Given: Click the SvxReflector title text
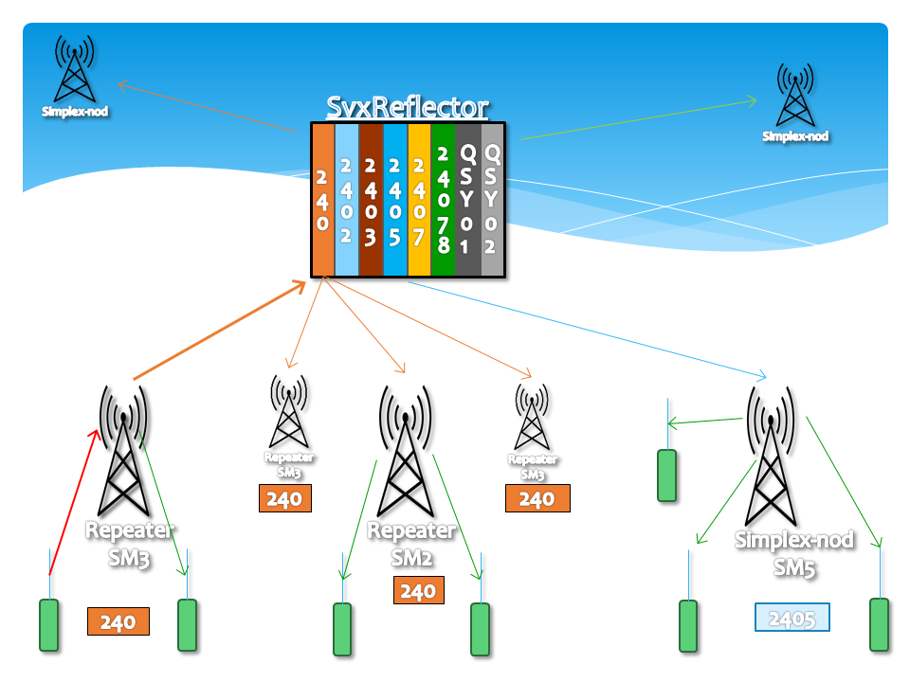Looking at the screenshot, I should click(408, 106).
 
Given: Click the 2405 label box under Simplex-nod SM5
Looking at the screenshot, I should click(792, 618).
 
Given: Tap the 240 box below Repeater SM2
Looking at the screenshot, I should click(418, 591).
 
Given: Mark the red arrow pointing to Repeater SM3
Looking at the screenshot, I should click(72, 502).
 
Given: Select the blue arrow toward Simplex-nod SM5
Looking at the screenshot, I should click(588, 327).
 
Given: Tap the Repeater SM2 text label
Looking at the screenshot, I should click(412, 544).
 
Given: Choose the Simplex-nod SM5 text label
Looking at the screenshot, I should click(794, 554).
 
